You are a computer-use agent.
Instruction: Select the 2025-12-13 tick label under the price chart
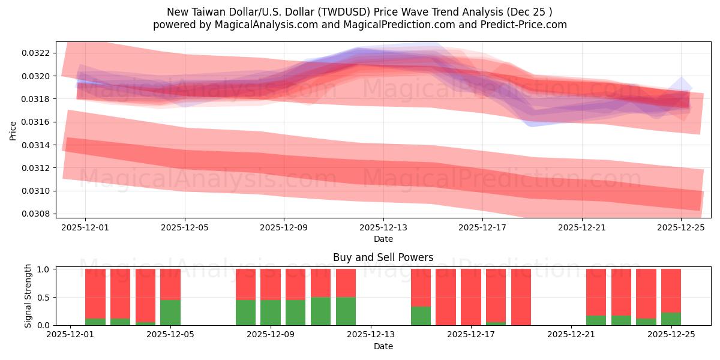tap(383, 228)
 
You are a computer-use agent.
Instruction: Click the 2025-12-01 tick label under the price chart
tap(85, 228)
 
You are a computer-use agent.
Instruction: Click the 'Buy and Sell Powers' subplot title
tap(383, 258)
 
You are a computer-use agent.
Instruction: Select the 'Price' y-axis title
tap(13, 130)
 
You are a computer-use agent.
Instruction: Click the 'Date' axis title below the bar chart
tap(383, 346)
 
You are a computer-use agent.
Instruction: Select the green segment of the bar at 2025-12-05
tap(170, 312)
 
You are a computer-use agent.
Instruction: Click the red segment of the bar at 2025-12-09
tap(270, 284)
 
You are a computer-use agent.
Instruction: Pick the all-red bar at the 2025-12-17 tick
tap(471, 297)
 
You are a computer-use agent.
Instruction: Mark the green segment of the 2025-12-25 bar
tap(671, 319)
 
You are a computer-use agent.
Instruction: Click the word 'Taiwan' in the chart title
tap(206, 12)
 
